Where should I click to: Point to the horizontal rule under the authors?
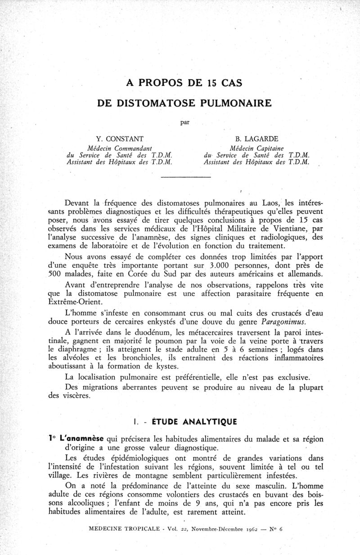[x=185, y=177]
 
